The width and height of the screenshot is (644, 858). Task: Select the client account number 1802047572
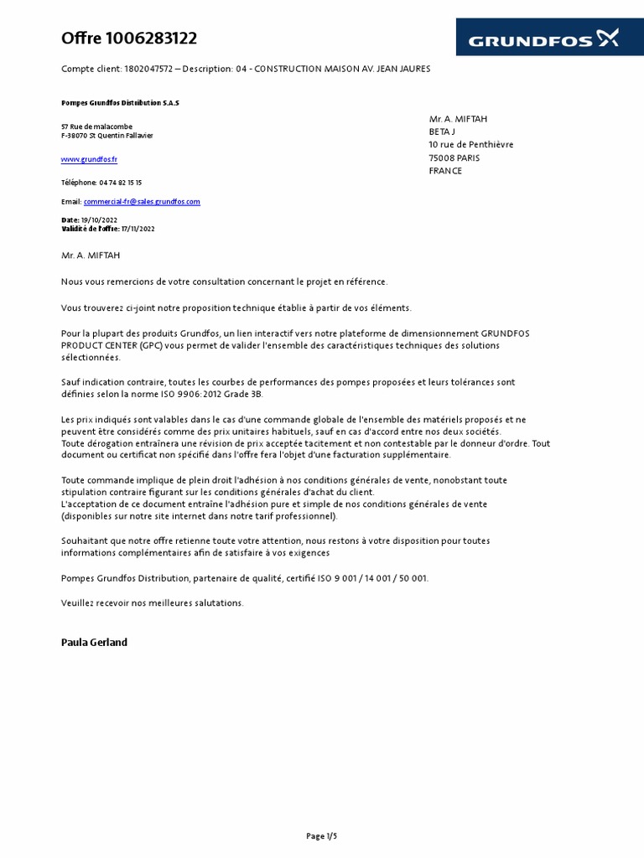tap(149, 69)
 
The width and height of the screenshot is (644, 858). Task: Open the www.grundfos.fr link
tap(89, 159)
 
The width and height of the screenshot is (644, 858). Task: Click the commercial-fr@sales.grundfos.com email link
tap(142, 202)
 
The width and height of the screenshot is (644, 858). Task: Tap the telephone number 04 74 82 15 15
tap(121, 183)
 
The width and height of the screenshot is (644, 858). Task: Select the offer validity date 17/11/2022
tap(138, 229)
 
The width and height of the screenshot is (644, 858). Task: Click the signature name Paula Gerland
tap(94, 643)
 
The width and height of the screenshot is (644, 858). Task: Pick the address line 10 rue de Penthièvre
tap(470, 145)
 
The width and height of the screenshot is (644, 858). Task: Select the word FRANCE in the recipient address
tap(445, 171)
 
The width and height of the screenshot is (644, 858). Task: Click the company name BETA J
tap(442, 132)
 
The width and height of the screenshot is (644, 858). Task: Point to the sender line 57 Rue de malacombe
tap(96, 127)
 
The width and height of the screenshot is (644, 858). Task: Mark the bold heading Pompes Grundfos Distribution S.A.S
tap(120, 103)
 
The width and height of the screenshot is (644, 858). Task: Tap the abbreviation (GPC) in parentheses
tap(151, 345)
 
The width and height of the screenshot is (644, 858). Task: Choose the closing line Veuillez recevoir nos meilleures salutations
tap(152, 602)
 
